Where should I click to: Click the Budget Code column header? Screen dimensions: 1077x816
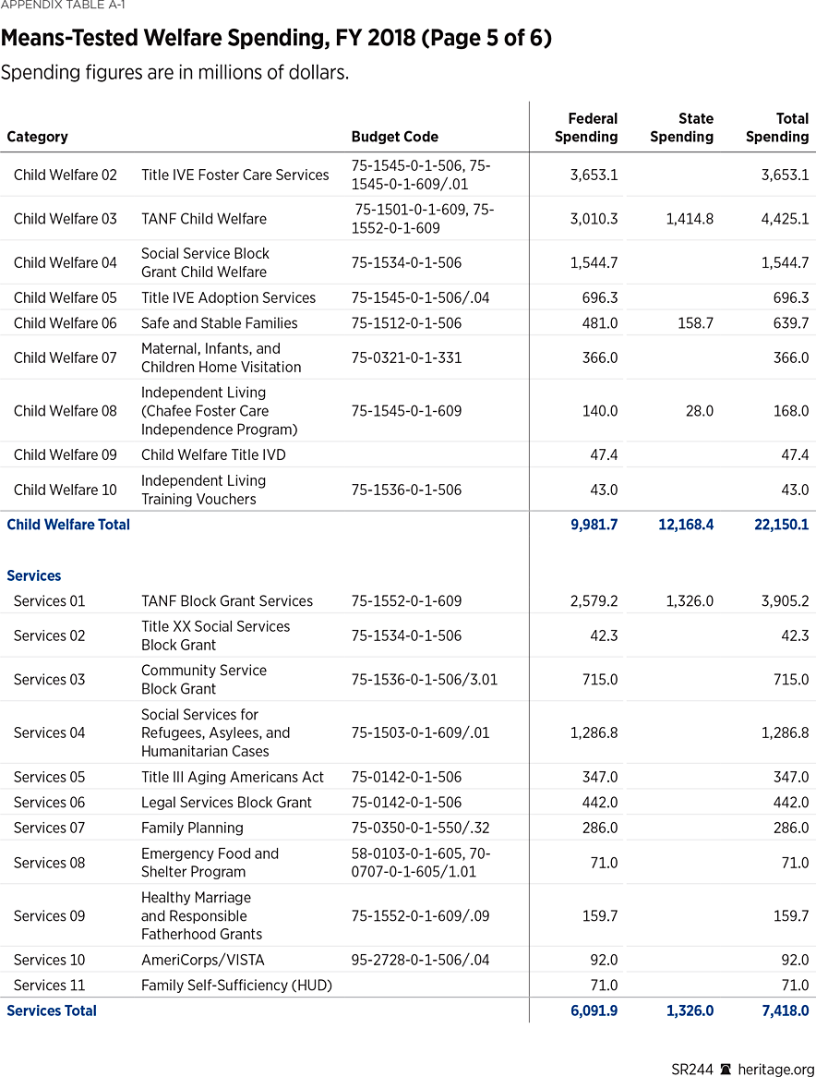pos(394,137)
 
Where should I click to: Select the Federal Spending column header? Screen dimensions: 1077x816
pos(586,127)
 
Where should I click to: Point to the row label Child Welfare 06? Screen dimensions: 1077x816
pos(65,323)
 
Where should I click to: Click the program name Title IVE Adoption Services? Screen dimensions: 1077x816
pos(228,297)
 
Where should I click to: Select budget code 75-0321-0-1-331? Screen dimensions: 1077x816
pos(406,357)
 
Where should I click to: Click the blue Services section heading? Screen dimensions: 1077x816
pos(34,575)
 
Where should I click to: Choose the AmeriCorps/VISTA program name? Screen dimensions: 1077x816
pos(202,960)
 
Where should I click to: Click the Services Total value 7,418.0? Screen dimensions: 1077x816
pos(785,1010)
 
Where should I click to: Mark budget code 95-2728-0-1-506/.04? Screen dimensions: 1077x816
pos(419,960)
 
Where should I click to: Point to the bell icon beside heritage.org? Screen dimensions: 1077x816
pos(726,1069)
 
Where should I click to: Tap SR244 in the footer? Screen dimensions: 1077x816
pos(691,1069)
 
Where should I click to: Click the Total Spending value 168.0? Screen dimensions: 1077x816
pos(790,411)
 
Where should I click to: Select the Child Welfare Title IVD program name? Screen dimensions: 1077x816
pos(213,454)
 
